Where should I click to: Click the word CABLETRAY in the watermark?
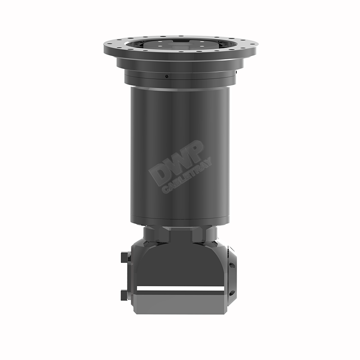pyautogui.click(x=187, y=175)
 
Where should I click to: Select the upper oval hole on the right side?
pyautogui.click(x=232, y=265)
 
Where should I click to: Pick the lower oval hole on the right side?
pyautogui.click(x=232, y=293)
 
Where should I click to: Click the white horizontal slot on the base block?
pyautogui.click(x=180, y=288)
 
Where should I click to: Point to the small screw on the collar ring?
pyautogui.click(x=166, y=76)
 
